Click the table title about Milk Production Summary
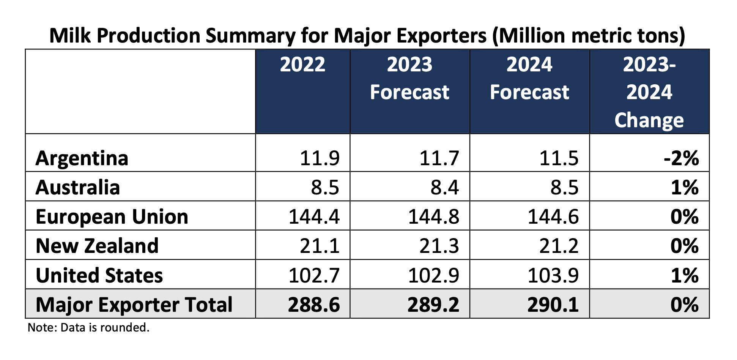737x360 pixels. tap(367, 36)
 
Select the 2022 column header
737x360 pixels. tap(302, 65)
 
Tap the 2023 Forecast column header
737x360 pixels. tap(409, 79)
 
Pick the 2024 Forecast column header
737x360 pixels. tap(529, 79)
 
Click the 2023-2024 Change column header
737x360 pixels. tap(649, 92)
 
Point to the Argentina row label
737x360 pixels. tap(82, 158)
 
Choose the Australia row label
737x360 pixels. tap(78, 187)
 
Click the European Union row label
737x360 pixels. tap(112, 217)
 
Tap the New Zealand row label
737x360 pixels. tap(97, 246)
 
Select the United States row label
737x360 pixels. tap(99, 275)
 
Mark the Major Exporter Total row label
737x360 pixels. tap(134, 305)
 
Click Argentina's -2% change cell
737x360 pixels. tap(681, 158)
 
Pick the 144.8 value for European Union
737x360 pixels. tap(433, 217)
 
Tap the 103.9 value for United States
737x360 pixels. tap(553, 275)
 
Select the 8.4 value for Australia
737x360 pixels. tap(444, 187)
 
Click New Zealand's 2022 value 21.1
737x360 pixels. tap(320, 246)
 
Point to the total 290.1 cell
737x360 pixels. tap(553, 305)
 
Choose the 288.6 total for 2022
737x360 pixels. tap(314, 305)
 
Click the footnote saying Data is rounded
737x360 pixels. tap(89, 327)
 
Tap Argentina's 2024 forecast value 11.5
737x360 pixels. tap(559, 158)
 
